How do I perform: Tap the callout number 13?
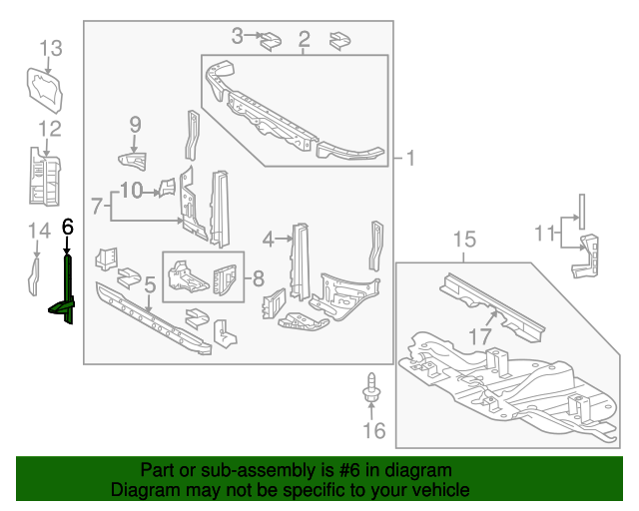point(51,48)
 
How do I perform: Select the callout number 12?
point(50,129)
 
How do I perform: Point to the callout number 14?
point(39,231)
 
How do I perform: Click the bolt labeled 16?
point(371,387)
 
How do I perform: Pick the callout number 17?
point(480,336)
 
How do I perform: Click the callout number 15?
point(464,240)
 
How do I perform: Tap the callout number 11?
point(545,234)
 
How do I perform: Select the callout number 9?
point(136,125)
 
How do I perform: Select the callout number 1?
point(410,158)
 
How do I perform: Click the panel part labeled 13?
point(45,90)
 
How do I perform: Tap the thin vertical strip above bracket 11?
point(582,212)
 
